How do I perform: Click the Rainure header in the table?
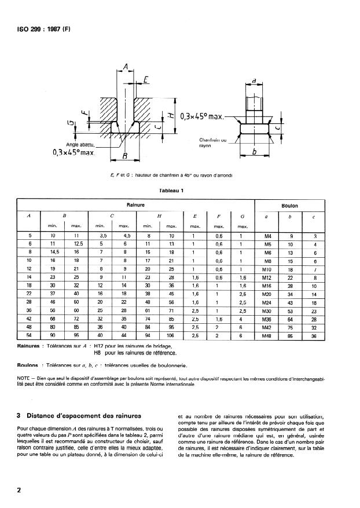[x=135, y=204]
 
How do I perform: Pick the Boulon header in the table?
[x=290, y=205]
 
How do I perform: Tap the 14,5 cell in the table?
[x=52, y=253]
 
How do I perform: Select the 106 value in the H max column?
[x=171, y=336]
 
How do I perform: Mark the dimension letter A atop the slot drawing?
[x=126, y=69]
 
